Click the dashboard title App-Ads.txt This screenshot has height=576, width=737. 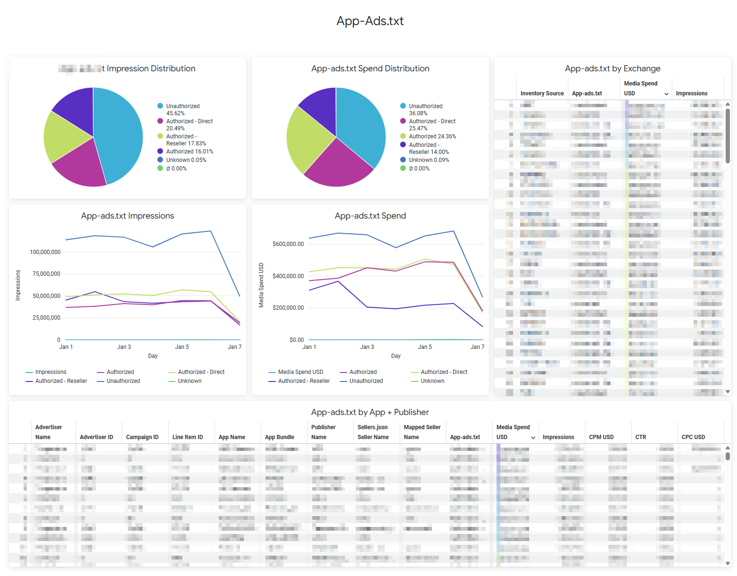pos(370,21)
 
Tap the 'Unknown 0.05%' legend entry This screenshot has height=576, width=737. pos(186,160)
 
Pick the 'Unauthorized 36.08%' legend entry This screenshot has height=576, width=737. pos(425,110)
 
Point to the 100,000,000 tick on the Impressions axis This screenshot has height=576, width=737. pos(45,252)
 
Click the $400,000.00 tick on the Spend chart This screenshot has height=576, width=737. pos(288,276)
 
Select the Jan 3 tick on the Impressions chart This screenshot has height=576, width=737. pos(124,347)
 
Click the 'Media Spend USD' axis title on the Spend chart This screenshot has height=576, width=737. pos(261,285)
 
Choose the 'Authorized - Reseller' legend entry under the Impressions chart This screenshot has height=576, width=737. pos(61,381)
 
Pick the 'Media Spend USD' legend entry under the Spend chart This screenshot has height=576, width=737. pos(300,372)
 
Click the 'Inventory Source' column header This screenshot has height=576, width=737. pos(542,93)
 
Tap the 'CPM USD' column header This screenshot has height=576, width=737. pos(601,437)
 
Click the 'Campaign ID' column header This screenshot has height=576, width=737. pos(142,437)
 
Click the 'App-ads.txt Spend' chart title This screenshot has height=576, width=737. pos(370,216)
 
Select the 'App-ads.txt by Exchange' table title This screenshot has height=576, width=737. pos(612,68)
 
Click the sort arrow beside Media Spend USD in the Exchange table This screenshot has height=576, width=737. pos(666,94)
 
